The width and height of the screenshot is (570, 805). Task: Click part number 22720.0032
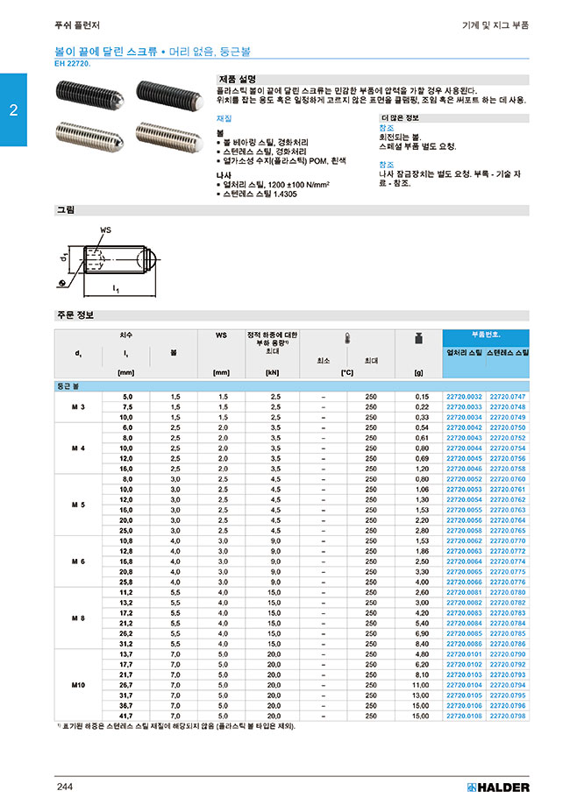465,397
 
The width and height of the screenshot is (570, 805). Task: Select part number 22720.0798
508,716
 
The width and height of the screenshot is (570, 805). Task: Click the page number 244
65,787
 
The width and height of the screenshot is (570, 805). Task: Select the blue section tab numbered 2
13,110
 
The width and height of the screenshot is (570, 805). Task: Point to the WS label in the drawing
105,229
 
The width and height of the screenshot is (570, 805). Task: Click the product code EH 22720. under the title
78,64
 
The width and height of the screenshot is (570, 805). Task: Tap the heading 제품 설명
237,79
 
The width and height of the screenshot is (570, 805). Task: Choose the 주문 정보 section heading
75,314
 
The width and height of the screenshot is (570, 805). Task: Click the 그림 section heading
66,210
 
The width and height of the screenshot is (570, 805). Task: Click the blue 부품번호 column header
486,335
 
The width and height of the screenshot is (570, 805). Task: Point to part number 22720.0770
508,541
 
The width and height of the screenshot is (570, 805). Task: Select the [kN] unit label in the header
272,372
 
